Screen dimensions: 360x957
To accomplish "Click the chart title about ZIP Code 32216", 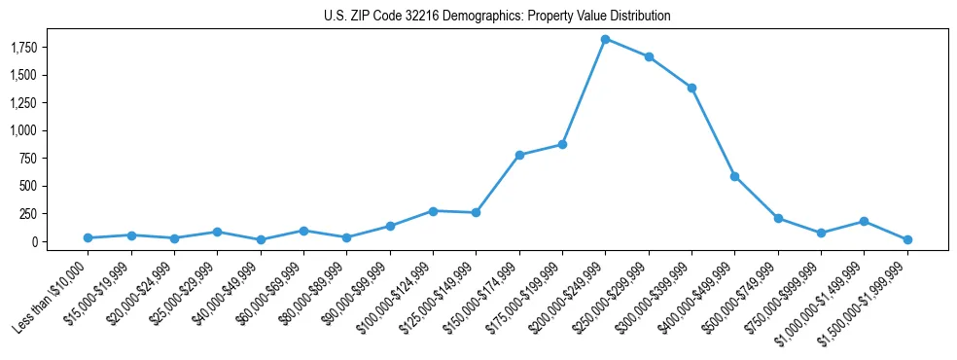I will coord(497,16).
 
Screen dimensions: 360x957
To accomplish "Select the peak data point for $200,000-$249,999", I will coord(605,39).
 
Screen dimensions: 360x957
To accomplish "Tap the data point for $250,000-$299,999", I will coord(649,56).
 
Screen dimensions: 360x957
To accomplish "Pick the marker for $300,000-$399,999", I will coord(691,88).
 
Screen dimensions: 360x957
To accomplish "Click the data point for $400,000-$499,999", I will coord(734,176).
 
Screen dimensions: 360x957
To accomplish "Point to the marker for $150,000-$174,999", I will coord(519,155).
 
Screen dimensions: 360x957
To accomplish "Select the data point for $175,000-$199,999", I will coord(562,144).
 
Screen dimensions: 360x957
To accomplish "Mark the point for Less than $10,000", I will coord(88,237).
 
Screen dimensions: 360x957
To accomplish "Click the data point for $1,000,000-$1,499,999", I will coord(864,221).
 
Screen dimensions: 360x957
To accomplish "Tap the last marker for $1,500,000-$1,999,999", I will coord(907,239).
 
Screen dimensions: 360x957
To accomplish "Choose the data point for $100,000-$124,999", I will coord(433,210).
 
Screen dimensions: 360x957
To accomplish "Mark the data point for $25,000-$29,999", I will coord(217,232).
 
